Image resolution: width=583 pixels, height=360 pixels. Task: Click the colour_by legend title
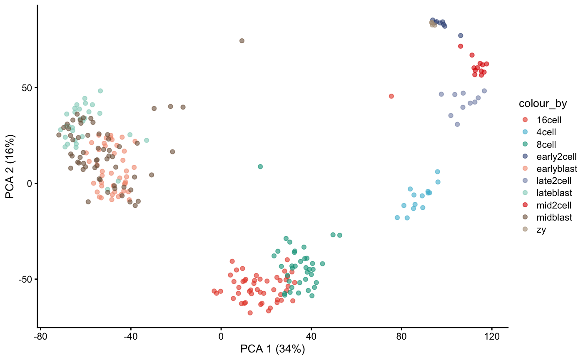540,104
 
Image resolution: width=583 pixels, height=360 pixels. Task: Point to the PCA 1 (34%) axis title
273,349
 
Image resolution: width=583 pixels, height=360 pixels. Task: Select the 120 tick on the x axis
492,336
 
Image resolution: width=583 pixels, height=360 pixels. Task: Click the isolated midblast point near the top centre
242,41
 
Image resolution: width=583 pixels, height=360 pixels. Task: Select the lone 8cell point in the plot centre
260,166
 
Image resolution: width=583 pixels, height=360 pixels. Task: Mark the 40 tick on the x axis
311,336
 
